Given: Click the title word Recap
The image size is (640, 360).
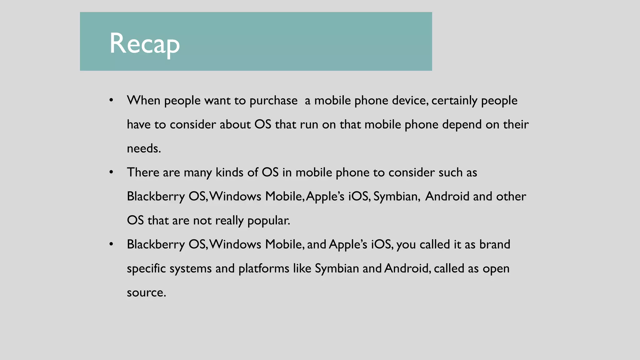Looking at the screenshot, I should point(144,43).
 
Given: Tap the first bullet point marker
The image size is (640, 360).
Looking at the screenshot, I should point(111,100).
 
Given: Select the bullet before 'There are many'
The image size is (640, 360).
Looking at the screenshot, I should point(111,172).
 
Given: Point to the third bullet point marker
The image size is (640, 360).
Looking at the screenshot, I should point(111,244).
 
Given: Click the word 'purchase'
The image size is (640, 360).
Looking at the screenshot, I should point(273,101).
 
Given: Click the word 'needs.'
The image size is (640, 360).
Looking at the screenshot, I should point(144,148).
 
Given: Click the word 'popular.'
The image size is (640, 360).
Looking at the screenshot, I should point(269,221).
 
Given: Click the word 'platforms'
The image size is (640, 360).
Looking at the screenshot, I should point(264,268).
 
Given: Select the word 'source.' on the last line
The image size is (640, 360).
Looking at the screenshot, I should point(146,292).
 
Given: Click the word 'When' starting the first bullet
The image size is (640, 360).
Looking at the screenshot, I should point(143,101).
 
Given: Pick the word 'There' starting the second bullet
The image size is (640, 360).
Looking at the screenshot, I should point(143,172).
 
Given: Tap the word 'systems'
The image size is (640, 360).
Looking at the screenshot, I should point(191,268).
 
